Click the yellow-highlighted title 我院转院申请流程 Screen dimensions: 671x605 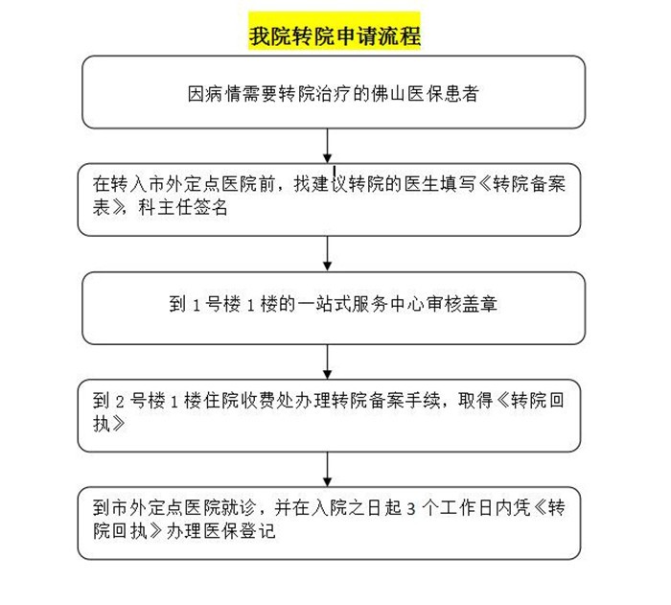(x=335, y=35)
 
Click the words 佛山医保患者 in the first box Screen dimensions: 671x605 (x=425, y=94)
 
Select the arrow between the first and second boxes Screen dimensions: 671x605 (x=328, y=146)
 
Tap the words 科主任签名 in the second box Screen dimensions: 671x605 (x=183, y=207)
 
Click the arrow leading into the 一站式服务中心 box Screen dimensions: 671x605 (x=328, y=253)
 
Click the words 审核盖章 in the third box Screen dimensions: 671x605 (x=461, y=304)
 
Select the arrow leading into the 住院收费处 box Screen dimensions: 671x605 (x=328, y=361)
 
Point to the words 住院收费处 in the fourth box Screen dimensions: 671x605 (x=248, y=401)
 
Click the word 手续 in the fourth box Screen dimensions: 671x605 (x=423, y=401)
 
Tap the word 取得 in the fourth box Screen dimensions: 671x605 (x=475, y=401)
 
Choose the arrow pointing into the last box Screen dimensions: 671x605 (x=328, y=469)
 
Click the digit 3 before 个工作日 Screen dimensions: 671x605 (x=411, y=509)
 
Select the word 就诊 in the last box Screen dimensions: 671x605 (x=240, y=508)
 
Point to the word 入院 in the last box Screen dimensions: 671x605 (x=329, y=508)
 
